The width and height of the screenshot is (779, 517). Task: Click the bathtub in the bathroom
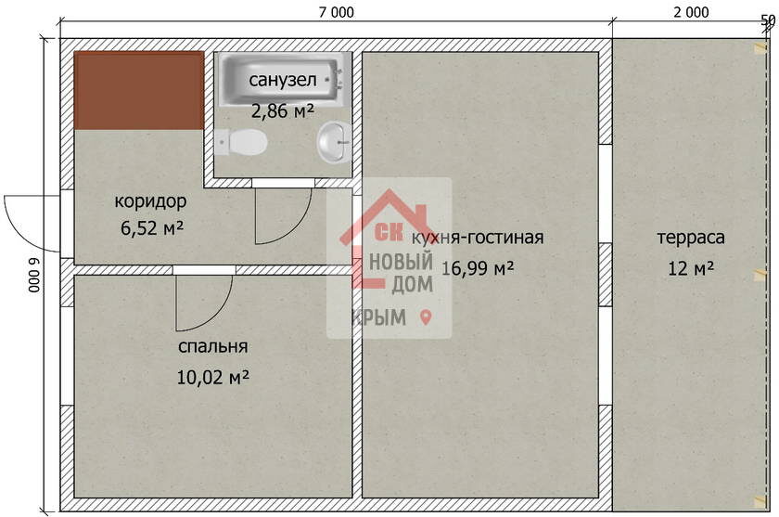click(282, 80)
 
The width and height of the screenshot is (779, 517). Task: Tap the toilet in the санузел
click(241, 142)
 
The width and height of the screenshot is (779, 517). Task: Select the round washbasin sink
click(334, 142)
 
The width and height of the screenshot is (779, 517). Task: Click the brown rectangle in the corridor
click(139, 90)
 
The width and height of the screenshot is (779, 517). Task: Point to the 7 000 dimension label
click(337, 12)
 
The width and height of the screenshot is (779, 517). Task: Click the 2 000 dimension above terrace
click(691, 12)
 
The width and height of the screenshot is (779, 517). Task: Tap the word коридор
click(150, 201)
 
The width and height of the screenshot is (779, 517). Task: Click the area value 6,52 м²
click(152, 228)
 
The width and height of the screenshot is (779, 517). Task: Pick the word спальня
click(212, 346)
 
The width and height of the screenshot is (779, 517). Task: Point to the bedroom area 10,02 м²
click(213, 378)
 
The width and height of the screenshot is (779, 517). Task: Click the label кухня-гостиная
click(478, 237)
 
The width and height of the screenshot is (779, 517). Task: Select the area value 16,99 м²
click(478, 268)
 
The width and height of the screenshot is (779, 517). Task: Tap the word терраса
click(691, 238)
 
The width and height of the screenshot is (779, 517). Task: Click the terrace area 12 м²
click(691, 268)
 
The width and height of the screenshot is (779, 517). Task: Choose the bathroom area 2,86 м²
click(283, 110)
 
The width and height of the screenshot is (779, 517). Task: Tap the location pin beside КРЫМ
click(426, 317)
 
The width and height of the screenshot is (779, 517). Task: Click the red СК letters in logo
click(389, 231)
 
